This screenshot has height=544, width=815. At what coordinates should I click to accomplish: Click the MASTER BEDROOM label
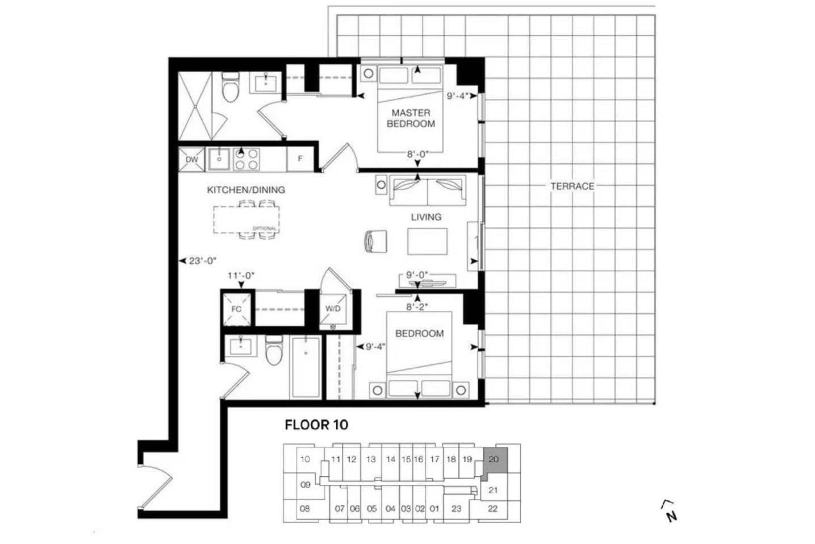[x=411, y=118]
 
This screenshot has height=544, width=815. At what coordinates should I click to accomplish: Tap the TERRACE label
[x=572, y=186]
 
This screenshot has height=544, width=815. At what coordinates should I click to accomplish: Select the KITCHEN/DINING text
[x=246, y=190]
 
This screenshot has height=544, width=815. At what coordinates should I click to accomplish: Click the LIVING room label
[x=426, y=217]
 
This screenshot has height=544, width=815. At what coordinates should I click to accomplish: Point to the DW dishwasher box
[x=192, y=159]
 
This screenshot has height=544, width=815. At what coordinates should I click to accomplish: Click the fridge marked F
[x=300, y=159]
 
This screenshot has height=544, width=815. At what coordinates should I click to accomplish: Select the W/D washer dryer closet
[x=333, y=309]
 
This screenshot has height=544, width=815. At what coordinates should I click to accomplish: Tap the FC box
[x=236, y=309]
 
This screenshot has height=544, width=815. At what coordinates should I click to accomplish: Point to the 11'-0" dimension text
[x=241, y=276]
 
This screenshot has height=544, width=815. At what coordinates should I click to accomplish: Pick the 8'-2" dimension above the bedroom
[x=416, y=307]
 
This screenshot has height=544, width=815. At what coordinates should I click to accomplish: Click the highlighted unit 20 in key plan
[x=494, y=459]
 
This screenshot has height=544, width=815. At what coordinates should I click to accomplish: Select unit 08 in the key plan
[x=304, y=508]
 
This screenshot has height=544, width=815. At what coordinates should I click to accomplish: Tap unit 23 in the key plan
[x=456, y=508]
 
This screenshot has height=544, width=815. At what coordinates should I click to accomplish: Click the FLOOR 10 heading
[x=316, y=425]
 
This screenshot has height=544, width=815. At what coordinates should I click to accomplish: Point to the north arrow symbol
[x=670, y=510]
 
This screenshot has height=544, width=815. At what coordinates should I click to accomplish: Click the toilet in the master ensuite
[x=230, y=88]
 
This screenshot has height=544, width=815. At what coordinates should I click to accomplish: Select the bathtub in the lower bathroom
[x=306, y=368]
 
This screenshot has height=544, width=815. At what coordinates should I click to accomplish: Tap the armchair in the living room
[x=376, y=241]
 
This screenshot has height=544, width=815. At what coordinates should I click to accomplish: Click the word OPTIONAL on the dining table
[x=265, y=229]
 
